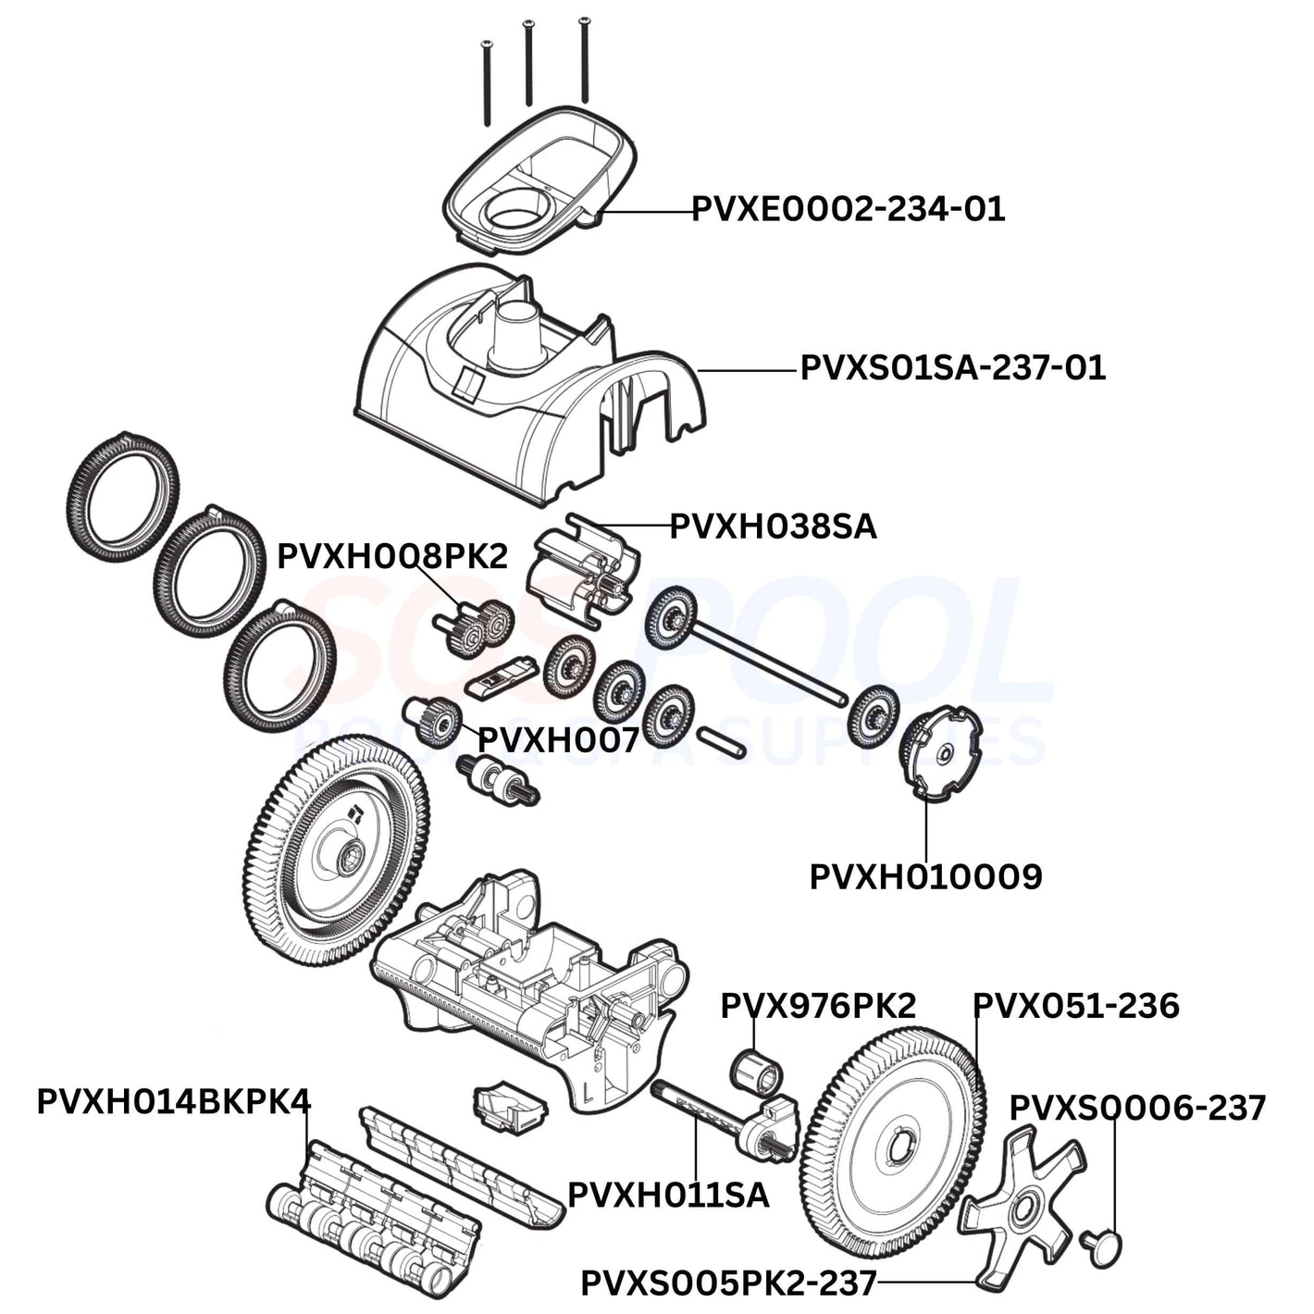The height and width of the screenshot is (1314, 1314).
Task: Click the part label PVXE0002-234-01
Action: tap(848, 209)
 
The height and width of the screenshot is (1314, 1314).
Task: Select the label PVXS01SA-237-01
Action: tap(952, 368)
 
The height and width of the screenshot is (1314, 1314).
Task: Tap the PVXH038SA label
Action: tap(773, 527)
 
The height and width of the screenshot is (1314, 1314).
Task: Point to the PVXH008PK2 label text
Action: tap(392, 557)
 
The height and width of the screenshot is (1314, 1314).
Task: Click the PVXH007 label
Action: tap(558, 740)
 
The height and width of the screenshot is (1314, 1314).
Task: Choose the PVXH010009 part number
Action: tap(925, 877)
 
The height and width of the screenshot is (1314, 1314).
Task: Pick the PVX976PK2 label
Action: tap(818, 1006)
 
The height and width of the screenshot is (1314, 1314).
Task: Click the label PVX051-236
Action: tap(1076, 1006)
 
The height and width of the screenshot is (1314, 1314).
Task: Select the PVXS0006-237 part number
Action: tap(1137, 1108)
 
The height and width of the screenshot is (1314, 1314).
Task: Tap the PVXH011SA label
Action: tap(668, 1195)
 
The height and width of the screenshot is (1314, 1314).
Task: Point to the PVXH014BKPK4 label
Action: tap(174, 1102)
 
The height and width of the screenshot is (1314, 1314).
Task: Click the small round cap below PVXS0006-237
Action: tap(1102, 1246)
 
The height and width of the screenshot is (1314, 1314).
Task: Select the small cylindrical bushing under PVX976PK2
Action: tap(757, 1070)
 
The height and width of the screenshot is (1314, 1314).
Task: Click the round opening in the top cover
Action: tap(514, 215)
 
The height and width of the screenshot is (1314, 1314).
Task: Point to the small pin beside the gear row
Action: tap(722, 741)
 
